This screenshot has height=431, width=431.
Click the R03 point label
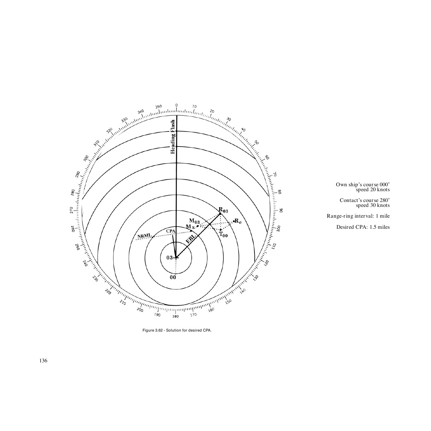click(x=223, y=210)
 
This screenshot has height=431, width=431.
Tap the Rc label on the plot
click(x=238, y=221)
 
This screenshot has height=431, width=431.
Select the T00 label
click(x=223, y=235)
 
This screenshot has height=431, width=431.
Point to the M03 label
click(x=194, y=221)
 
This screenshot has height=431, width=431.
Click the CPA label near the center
click(x=171, y=231)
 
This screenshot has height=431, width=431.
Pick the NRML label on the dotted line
click(x=144, y=236)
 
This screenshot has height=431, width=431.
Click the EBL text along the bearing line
click(x=191, y=239)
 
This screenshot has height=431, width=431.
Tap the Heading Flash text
click(x=173, y=137)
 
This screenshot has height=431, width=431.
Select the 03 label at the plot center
click(x=169, y=258)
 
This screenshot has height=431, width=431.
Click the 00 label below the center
click(x=173, y=277)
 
